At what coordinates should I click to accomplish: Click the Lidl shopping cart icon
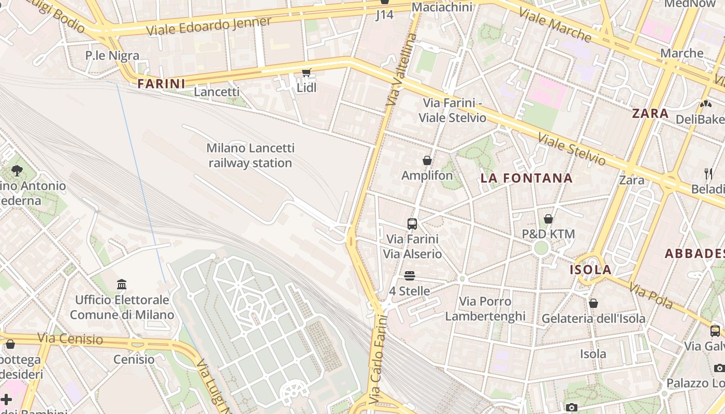307,72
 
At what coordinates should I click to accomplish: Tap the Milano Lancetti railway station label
251,155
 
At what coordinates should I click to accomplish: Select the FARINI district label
162,83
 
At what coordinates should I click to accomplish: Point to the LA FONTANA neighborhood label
527,178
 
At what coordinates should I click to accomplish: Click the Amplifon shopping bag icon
427,160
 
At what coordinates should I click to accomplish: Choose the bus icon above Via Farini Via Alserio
412,224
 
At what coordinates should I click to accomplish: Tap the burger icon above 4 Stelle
410,275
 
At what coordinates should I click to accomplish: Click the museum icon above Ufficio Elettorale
122,284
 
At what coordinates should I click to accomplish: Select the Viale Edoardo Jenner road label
209,26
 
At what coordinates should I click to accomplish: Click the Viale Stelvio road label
571,149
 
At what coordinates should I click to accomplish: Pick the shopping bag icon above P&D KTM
548,219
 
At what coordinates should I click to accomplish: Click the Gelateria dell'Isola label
593,318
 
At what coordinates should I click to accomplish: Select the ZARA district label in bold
650,113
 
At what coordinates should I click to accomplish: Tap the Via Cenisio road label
70,339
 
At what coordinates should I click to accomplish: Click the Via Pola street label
651,295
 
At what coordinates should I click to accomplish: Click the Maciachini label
442,7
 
